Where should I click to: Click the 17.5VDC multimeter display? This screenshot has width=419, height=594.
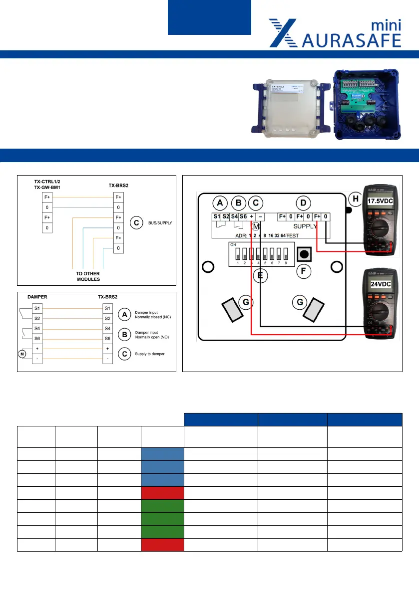pyautogui.click(x=381, y=200)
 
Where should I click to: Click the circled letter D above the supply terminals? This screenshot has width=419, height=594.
pyautogui.click(x=302, y=203)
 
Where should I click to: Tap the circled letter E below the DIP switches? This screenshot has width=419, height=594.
pyautogui.click(x=258, y=274)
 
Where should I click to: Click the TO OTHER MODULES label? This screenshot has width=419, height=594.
pyautogui.click(x=88, y=276)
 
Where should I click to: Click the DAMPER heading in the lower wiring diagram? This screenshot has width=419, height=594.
pyautogui.click(x=36, y=296)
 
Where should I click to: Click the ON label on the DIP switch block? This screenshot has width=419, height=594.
pyautogui.click(x=232, y=245)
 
